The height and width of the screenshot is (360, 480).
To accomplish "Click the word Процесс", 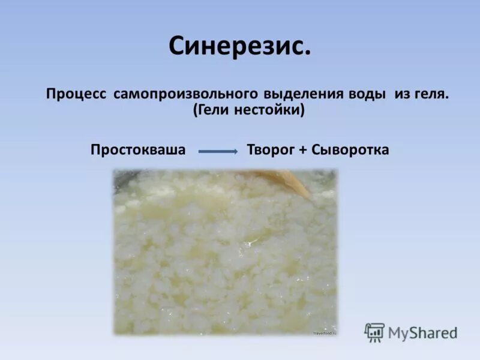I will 76,94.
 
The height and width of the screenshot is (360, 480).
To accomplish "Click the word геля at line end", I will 431,94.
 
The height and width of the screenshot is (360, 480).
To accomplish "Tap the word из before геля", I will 403,94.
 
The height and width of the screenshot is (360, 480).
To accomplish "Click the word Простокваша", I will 138,150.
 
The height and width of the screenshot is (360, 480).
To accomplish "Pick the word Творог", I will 271,150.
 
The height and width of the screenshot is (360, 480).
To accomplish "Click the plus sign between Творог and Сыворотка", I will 304,150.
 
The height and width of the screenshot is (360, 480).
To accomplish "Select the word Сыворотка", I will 350,150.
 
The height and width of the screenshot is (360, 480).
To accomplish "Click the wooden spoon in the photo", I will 285,180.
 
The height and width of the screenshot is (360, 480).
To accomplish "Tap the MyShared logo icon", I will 374,332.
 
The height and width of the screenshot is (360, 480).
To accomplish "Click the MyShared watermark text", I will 423,332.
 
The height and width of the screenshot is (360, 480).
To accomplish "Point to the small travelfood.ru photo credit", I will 325,332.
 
